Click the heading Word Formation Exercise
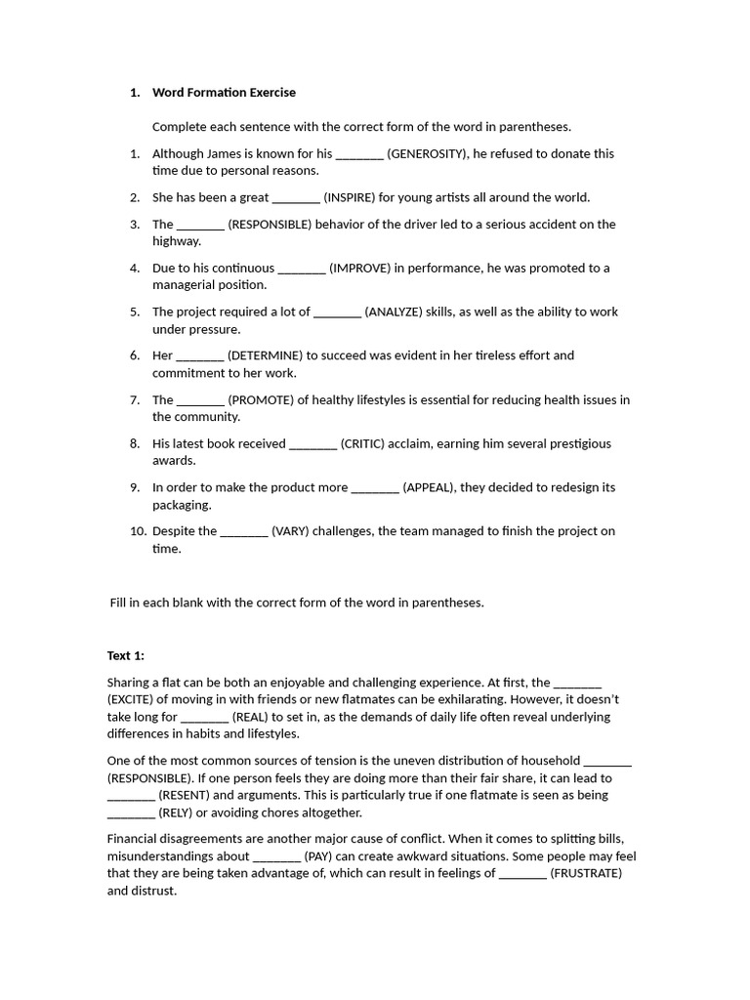tap(224, 93)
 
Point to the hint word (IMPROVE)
tap(360, 268)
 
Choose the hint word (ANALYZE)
tap(397, 312)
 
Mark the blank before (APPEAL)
tap(374, 487)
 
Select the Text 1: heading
tap(125, 655)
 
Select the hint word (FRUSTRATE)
tap(586, 873)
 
